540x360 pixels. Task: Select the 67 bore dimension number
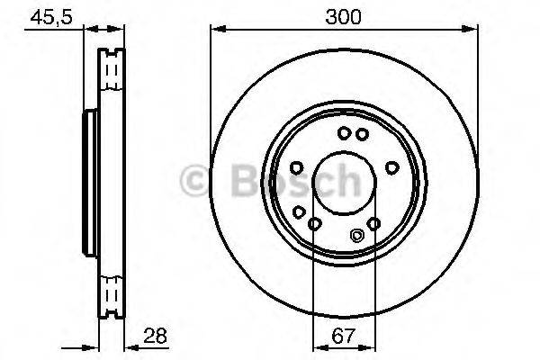point(344,338)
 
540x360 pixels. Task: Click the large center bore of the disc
point(344,180)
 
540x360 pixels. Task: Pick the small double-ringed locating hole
point(356,237)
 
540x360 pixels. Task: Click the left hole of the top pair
point(344,134)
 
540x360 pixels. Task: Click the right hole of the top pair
point(362,134)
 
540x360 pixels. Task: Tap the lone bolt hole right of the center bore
point(391,166)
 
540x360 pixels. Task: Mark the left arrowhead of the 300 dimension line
point(216,31)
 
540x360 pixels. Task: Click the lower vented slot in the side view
point(112,292)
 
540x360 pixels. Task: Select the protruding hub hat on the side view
point(88,180)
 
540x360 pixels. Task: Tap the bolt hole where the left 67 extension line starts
point(313,223)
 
